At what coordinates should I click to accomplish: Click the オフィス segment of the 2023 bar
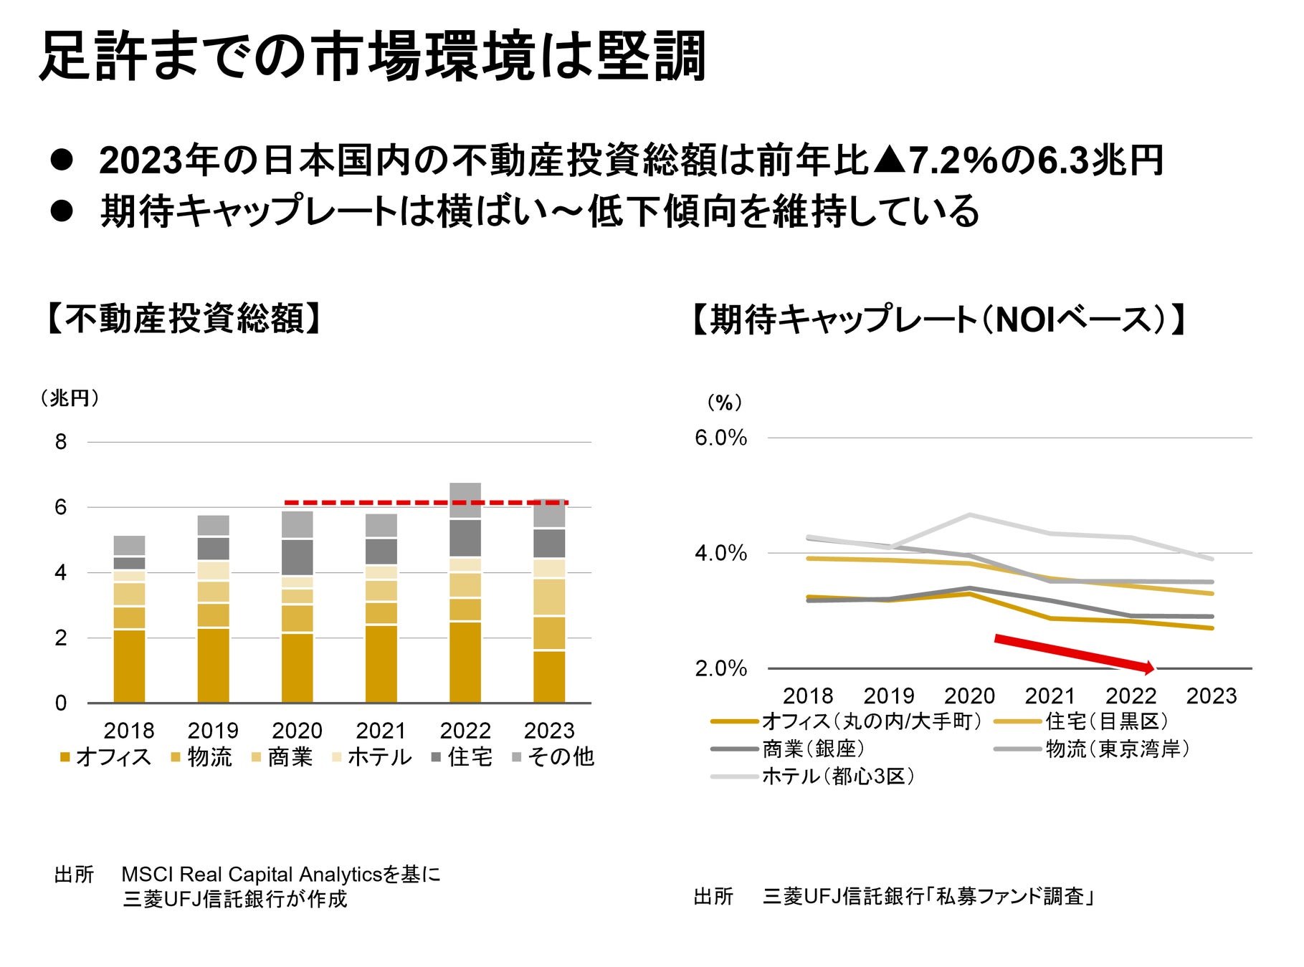tap(549, 676)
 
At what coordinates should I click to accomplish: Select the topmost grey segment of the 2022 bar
tap(465, 500)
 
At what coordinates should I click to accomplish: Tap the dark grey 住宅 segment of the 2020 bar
tap(297, 557)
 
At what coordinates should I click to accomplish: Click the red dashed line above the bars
tap(426, 503)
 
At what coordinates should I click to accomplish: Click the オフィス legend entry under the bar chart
tap(105, 757)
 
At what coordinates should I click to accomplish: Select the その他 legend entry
tap(553, 757)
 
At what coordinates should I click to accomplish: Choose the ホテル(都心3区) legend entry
tap(814, 776)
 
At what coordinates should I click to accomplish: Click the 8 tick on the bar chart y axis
tap(61, 442)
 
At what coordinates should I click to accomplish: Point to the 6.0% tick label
tap(720, 438)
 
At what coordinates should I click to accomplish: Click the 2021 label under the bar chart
tap(381, 731)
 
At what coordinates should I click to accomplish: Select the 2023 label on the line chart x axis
tap(1211, 696)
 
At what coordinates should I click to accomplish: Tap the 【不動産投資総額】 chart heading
tap(182, 319)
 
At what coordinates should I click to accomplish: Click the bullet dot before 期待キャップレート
tap(62, 211)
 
